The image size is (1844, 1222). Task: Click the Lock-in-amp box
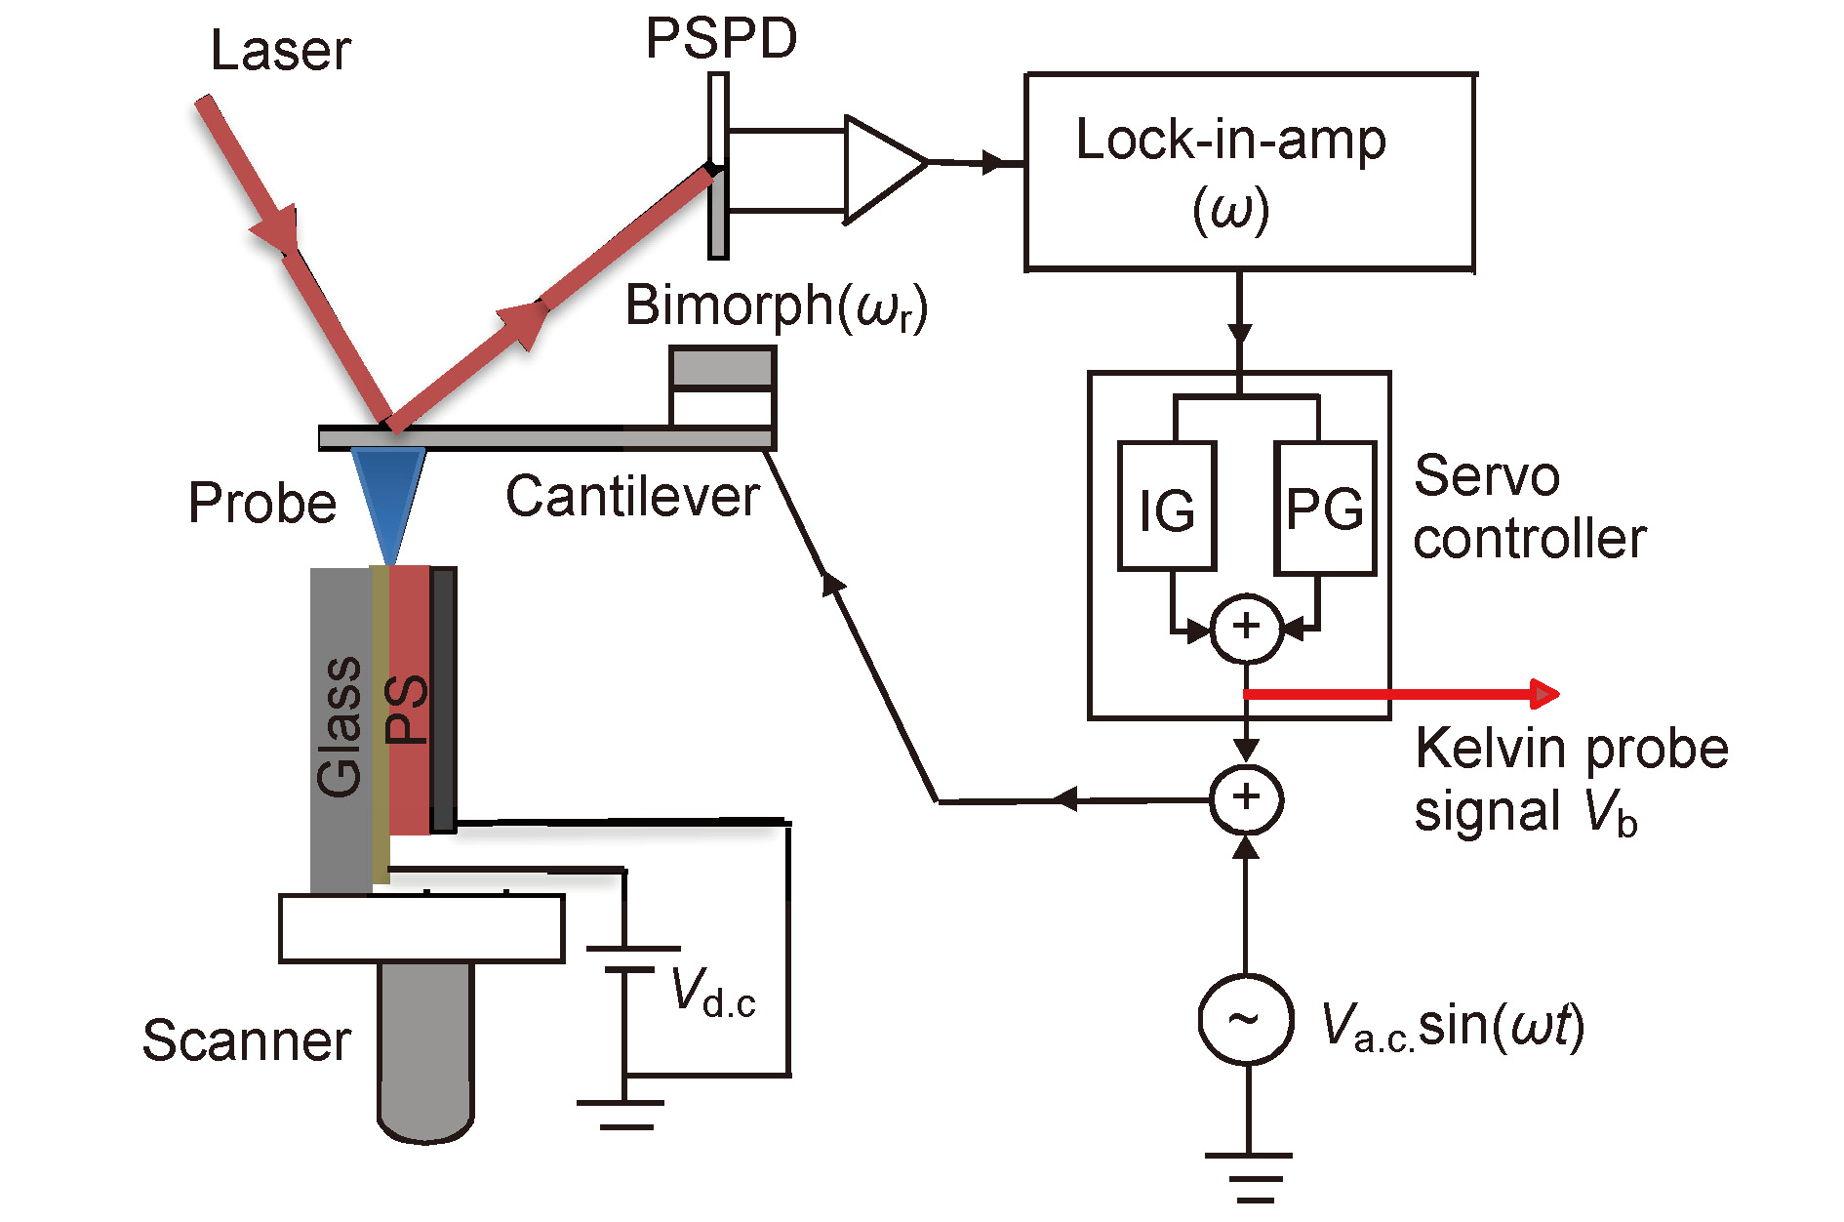1249,172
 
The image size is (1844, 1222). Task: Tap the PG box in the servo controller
1325,508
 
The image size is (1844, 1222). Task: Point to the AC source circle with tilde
1246,1019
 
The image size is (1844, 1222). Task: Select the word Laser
280,51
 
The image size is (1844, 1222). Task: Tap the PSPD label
721,39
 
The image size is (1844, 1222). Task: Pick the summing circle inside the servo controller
1246,628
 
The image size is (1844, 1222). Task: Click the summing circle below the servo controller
1246,799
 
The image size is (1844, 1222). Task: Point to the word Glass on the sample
340,726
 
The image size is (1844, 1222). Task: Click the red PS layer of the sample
409,703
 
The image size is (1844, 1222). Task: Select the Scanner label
246,1040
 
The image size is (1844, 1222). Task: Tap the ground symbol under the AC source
1249,1176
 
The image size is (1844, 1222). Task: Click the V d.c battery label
713,994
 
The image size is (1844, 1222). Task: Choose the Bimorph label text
776,305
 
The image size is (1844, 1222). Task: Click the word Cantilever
632,497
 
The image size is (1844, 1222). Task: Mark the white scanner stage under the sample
421,928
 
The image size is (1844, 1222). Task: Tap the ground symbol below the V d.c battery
621,1114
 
